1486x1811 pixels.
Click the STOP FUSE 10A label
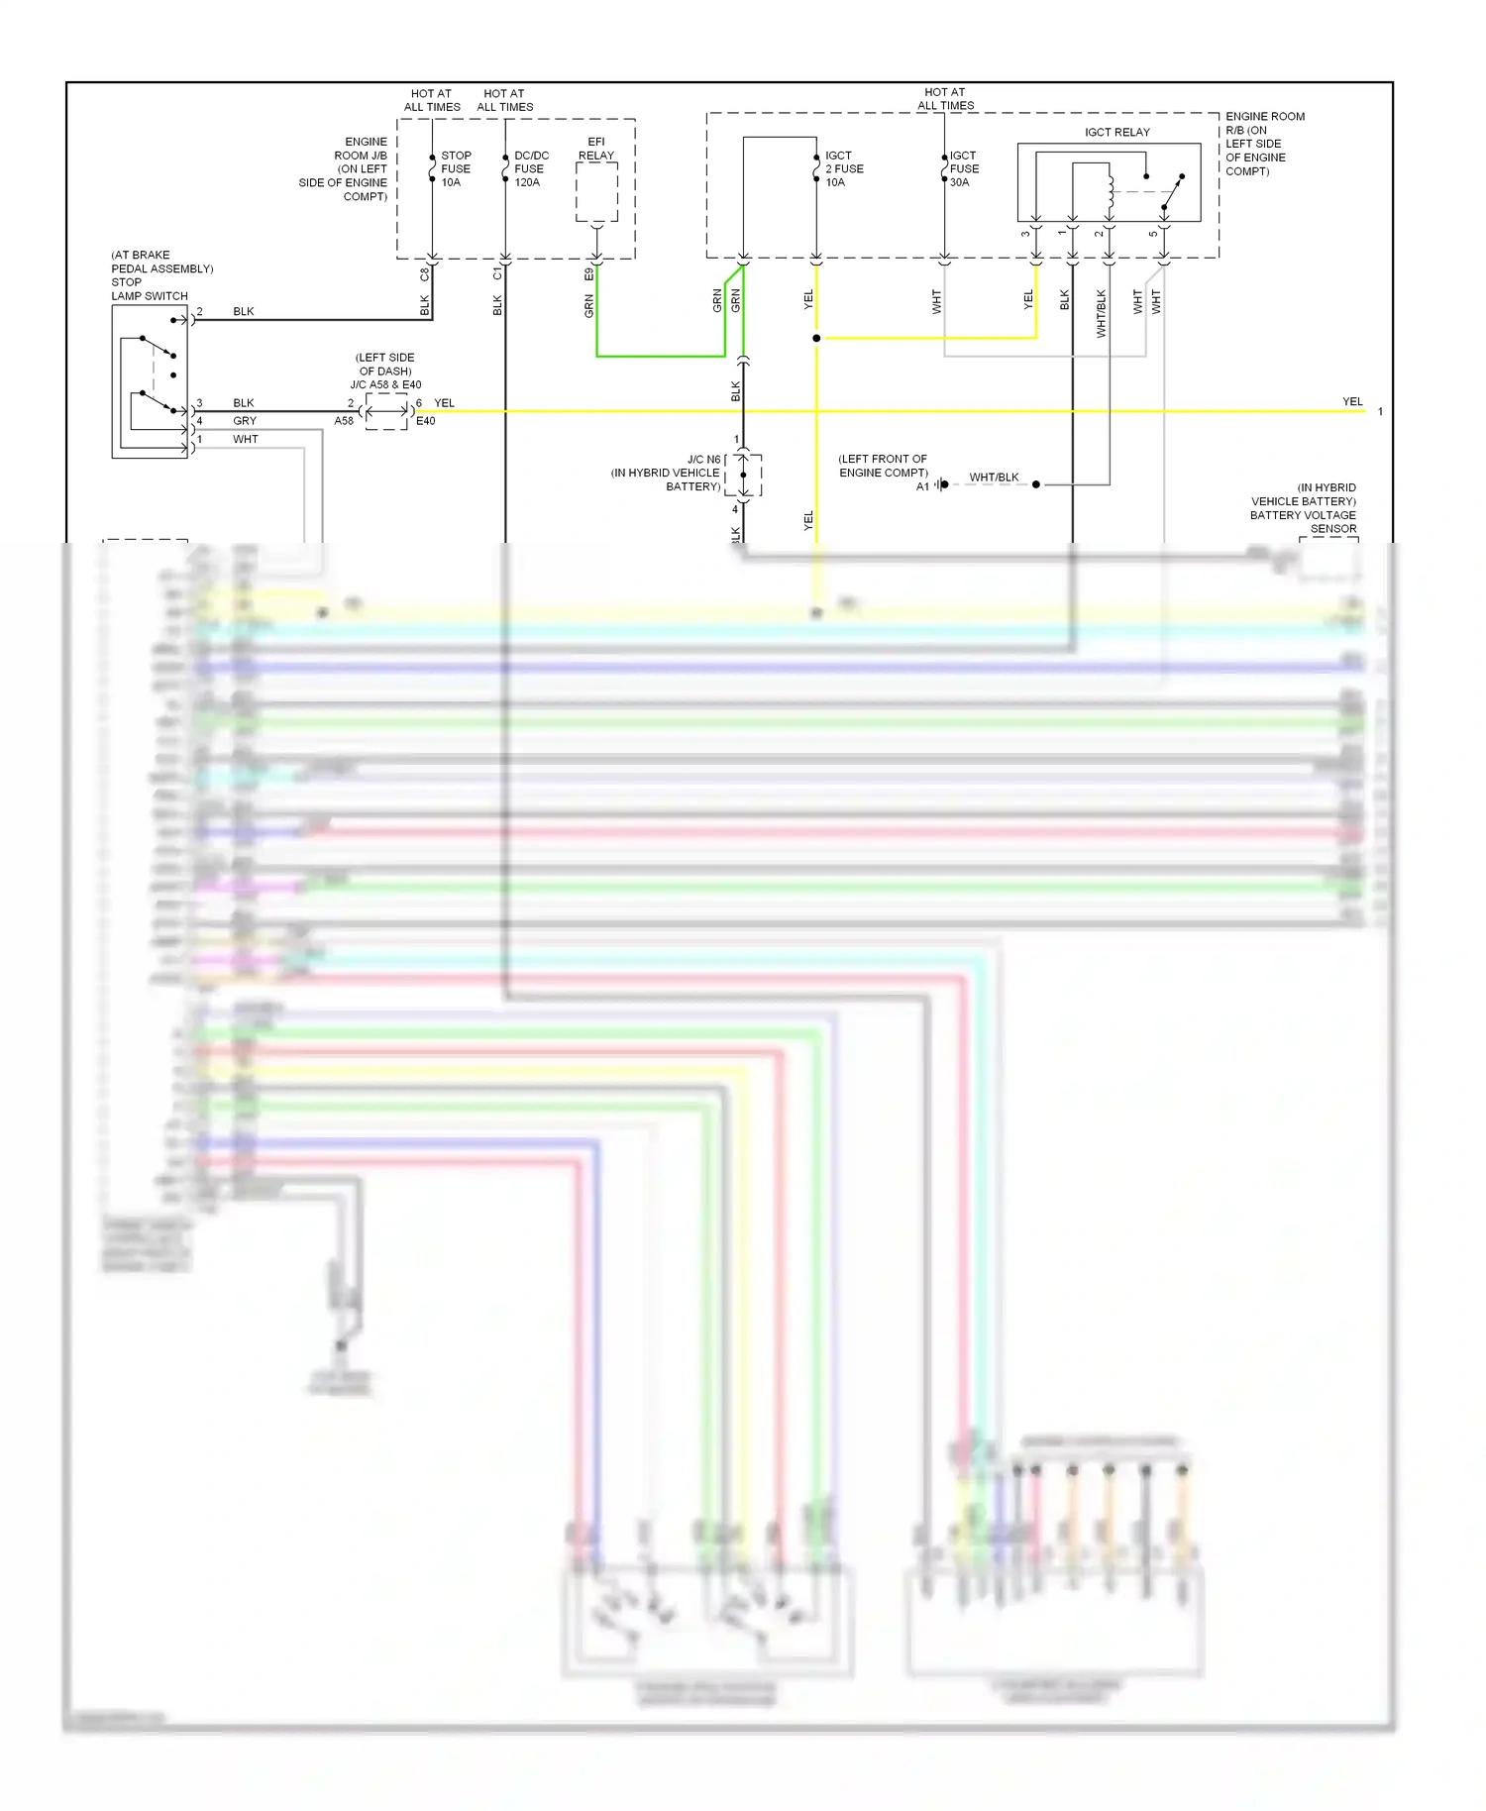coord(455,168)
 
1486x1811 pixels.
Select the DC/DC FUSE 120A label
coord(530,168)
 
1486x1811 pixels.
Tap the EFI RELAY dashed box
coord(596,192)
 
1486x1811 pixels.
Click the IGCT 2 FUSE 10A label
coord(843,168)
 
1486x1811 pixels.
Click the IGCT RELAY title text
coord(1116,132)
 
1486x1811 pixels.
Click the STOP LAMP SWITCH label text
coord(149,295)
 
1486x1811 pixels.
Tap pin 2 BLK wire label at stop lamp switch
coord(243,311)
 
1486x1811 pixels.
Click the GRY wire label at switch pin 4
coord(244,421)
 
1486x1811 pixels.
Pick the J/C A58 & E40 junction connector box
coord(386,411)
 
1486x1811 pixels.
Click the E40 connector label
coord(425,421)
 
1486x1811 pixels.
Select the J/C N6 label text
coord(703,460)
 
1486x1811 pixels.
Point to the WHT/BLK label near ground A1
coord(994,477)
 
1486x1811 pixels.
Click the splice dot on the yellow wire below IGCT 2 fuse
coord(816,339)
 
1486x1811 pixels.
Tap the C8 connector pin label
coord(425,273)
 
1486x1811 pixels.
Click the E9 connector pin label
coord(589,273)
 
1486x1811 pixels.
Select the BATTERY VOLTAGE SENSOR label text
coord(1303,521)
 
